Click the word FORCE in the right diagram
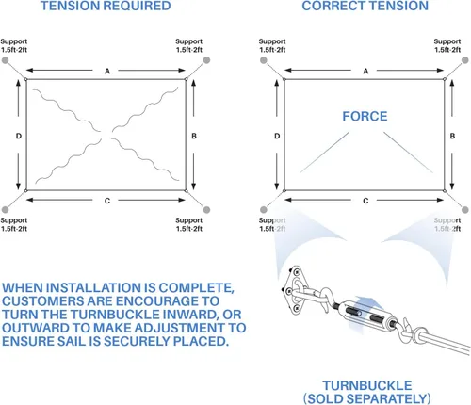(x=365, y=116)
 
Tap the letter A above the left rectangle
(x=107, y=72)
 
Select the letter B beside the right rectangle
(x=452, y=136)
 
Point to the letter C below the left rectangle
(x=107, y=201)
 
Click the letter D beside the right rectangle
(x=277, y=136)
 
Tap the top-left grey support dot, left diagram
(x=5, y=60)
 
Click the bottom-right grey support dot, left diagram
(x=206, y=210)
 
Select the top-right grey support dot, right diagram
(x=465, y=60)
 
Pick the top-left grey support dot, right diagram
(x=264, y=60)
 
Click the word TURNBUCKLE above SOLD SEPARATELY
(x=367, y=385)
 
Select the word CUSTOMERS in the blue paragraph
(x=43, y=301)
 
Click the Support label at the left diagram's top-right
(x=188, y=41)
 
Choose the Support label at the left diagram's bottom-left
(x=14, y=220)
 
